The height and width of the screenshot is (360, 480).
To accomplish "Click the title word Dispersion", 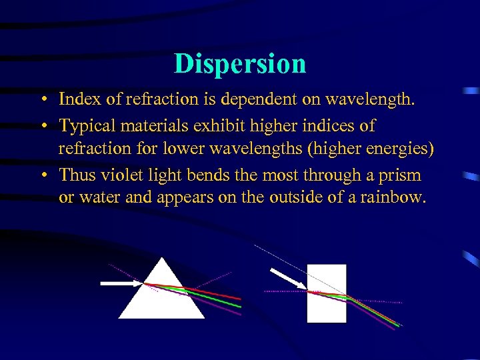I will pyautogui.click(x=240, y=64).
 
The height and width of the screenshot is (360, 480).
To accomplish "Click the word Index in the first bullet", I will pyautogui.click(x=75, y=100).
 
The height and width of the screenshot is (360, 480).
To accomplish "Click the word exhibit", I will pyautogui.click(x=208, y=125).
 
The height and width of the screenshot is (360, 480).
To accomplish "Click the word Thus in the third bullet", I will pyautogui.click(x=75, y=175).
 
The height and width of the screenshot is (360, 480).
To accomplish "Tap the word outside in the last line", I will pyautogui.click(x=298, y=199).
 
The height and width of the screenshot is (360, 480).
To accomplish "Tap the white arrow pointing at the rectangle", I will pyautogui.click(x=287, y=279).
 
